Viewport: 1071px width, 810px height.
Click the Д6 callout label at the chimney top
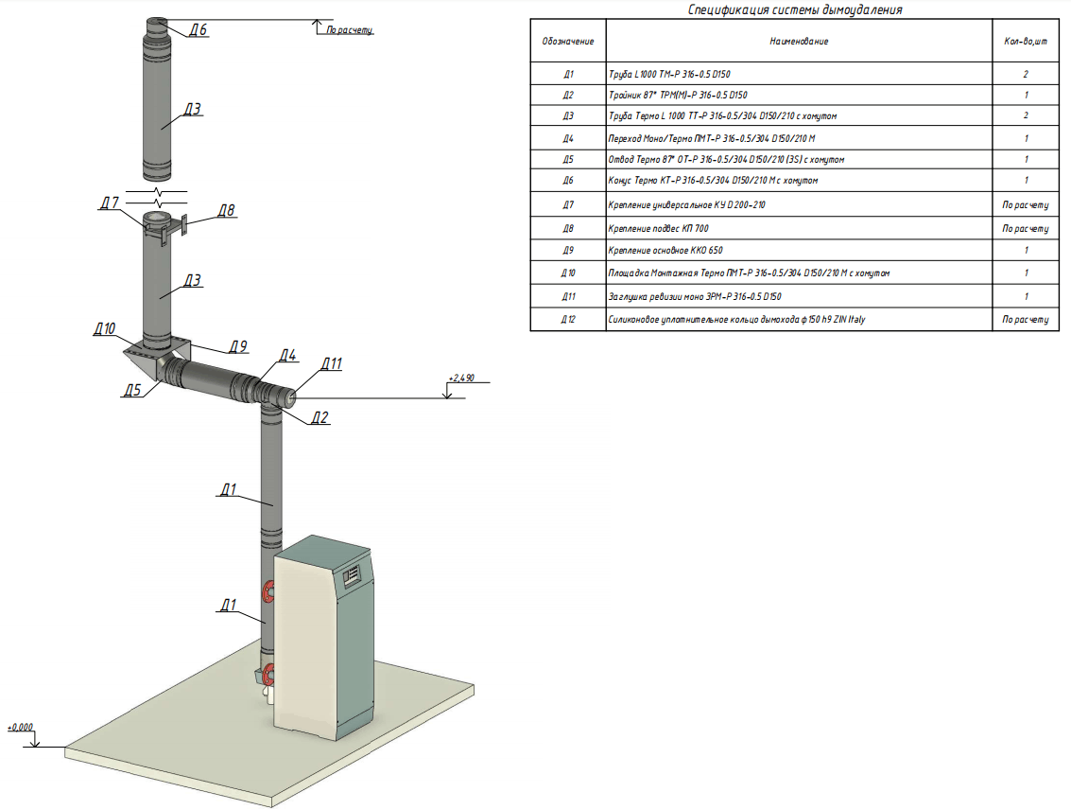(198, 30)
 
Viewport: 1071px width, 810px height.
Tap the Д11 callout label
(331, 362)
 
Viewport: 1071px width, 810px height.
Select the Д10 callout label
(104, 329)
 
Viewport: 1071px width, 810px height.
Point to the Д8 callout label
(225, 210)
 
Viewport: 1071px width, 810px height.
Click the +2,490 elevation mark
(462, 379)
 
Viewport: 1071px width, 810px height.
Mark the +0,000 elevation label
(20, 727)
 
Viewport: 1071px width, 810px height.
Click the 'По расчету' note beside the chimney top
(350, 30)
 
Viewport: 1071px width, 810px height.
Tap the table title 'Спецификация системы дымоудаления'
(794, 10)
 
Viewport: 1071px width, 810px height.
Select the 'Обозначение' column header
(568, 42)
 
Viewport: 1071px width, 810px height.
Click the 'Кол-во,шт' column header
(1026, 42)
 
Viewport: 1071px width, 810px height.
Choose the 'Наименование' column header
(799, 42)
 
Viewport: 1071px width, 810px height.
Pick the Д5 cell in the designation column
(568, 160)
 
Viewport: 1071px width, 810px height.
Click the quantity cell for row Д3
(1026, 116)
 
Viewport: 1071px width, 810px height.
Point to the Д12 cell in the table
(568, 320)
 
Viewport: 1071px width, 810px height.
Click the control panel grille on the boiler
(354, 573)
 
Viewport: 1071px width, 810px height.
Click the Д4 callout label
(287, 356)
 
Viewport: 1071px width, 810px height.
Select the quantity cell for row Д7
(1026, 204)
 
